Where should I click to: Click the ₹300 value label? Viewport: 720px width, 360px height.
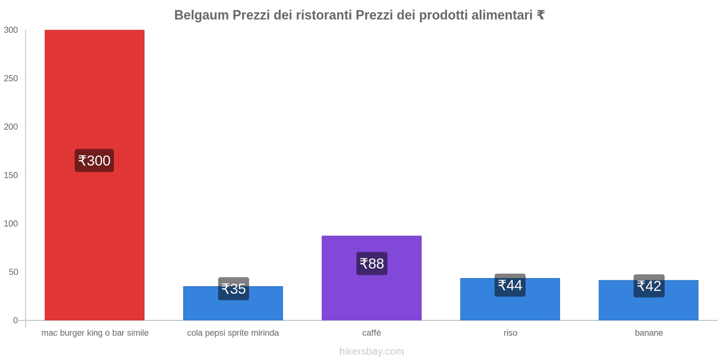[x=94, y=161]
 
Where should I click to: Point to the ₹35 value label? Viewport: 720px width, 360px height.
[x=234, y=289]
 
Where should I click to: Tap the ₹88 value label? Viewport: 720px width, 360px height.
[x=372, y=264]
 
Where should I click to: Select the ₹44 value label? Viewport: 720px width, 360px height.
[x=510, y=285]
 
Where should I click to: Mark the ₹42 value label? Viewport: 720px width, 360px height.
[x=649, y=286]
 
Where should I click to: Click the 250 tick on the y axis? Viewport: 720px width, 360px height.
[x=11, y=78]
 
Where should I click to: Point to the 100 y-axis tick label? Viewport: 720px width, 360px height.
[x=11, y=224]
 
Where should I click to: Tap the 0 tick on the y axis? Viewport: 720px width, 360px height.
[x=15, y=320]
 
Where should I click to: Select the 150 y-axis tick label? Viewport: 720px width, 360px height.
[x=11, y=175]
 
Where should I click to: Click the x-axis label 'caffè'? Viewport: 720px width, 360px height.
[x=372, y=333]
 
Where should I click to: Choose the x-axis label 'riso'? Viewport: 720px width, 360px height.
[x=510, y=333]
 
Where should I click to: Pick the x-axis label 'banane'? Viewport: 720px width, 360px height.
[x=649, y=333]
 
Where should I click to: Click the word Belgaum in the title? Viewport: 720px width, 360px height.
[x=201, y=15]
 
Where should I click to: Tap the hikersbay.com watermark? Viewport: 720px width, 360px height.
[x=372, y=351]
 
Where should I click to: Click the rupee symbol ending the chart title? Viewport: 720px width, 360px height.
[x=540, y=15]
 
